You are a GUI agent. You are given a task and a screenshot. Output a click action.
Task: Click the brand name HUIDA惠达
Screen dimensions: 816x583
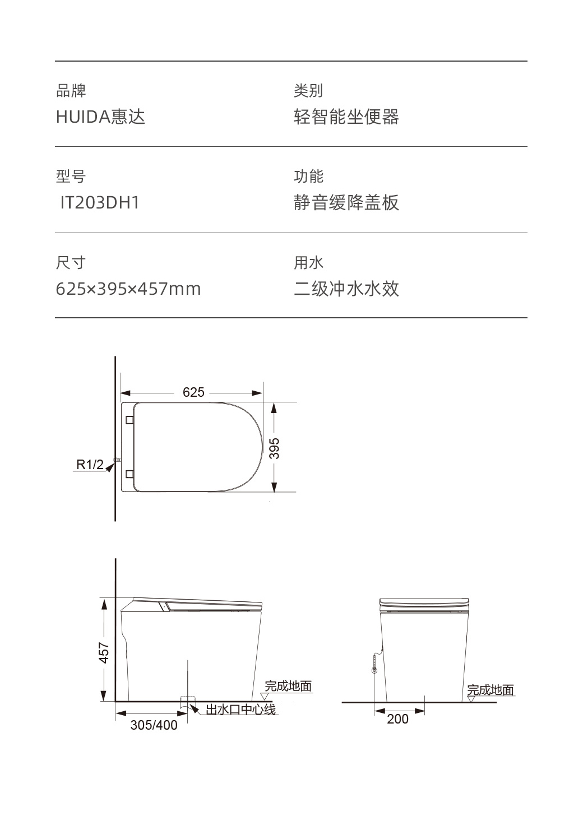point(100,117)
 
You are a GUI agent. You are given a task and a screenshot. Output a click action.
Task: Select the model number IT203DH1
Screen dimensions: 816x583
point(100,202)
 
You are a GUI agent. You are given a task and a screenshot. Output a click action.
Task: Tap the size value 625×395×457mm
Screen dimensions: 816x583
point(128,289)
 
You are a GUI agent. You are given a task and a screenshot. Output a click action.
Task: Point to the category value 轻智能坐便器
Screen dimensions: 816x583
point(346,117)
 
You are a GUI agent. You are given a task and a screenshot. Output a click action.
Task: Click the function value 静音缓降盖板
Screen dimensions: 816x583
point(346,202)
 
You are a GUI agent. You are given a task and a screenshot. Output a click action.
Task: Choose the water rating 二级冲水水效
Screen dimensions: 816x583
point(346,289)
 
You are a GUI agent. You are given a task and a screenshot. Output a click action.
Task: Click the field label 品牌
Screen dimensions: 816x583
point(71,90)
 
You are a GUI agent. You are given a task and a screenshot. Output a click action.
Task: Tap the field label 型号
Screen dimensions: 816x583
point(71,176)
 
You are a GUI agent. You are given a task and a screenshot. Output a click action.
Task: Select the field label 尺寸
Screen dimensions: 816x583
point(71,262)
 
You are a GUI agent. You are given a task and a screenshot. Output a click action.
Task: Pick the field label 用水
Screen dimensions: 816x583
point(308,262)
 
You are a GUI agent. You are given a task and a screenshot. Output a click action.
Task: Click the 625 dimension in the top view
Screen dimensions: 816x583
point(193,392)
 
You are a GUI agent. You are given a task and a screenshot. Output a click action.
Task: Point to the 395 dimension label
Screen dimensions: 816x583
point(274,448)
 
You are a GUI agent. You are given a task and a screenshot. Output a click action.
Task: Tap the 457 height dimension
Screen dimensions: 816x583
point(104,652)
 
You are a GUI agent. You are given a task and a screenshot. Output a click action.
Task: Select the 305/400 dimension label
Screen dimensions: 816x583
point(154,725)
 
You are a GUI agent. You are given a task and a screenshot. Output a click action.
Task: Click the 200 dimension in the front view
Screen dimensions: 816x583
point(397,719)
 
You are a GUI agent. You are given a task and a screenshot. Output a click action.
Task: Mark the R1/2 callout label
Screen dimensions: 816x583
point(90,465)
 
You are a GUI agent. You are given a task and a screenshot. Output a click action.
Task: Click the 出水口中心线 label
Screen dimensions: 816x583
point(240,710)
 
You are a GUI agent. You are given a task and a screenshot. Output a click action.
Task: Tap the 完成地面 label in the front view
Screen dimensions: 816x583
point(491,690)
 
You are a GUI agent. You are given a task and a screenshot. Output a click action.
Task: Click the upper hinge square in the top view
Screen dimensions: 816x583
point(130,420)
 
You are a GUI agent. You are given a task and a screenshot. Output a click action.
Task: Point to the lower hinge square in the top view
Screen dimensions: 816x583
point(130,474)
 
